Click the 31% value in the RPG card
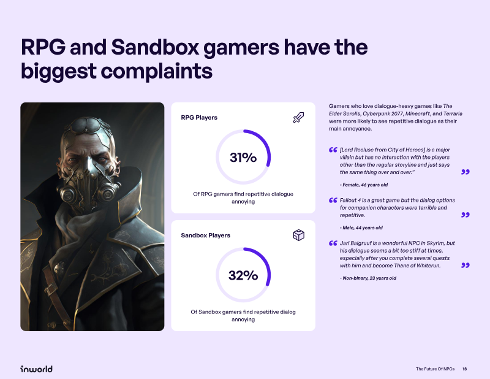point(243,157)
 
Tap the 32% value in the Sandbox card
point(243,275)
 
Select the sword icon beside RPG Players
point(298,117)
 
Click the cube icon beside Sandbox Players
point(299,235)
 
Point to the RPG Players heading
point(199,118)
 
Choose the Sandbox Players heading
point(206,235)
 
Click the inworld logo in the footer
point(36,369)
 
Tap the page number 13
point(465,369)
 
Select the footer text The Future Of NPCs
point(435,369)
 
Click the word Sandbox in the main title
point(155,47)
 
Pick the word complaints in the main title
point(157,71)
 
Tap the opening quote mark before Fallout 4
point(333,200)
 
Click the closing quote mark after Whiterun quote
point(466,266)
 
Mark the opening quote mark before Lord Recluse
point(333,150)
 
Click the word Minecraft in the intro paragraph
point(418,113)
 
